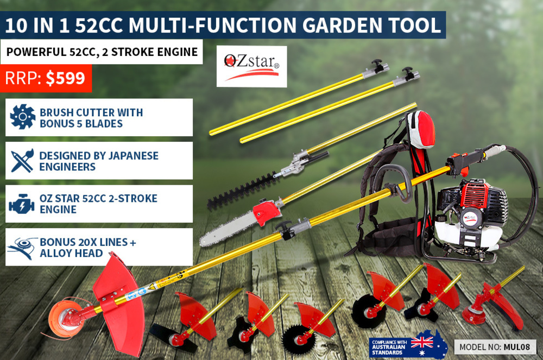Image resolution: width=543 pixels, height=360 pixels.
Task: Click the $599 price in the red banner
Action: point(66,78)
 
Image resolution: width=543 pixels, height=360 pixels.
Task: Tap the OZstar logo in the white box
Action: point(252,66)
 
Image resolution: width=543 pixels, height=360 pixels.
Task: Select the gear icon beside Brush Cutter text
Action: point(22,117)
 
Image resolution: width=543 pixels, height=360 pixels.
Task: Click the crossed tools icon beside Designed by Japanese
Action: point(22,161)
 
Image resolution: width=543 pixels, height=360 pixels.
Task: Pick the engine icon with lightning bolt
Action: point(22,204)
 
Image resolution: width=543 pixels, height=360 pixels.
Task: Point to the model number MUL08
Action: point(517,347)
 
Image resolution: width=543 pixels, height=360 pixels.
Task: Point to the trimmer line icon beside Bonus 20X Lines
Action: point(22,248)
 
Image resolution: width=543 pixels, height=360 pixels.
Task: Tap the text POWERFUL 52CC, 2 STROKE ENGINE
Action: point(102,52)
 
